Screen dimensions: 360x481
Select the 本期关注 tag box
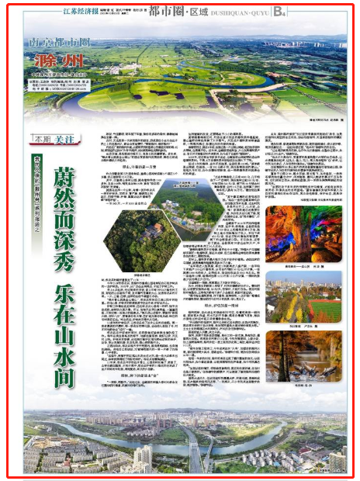point(47,137)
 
